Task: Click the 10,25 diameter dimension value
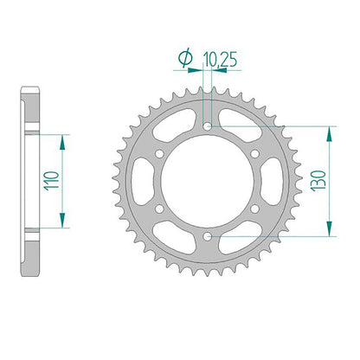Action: point(221,60)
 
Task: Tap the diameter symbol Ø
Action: point(185,57)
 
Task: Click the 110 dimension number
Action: point(51,181)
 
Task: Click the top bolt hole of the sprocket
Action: point(207,126)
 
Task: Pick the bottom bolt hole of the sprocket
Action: point(207,236)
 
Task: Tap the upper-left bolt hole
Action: point(159,154)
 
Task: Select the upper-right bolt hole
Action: point(254,154)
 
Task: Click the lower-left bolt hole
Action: point(159,209)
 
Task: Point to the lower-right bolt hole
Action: point(254,209)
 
